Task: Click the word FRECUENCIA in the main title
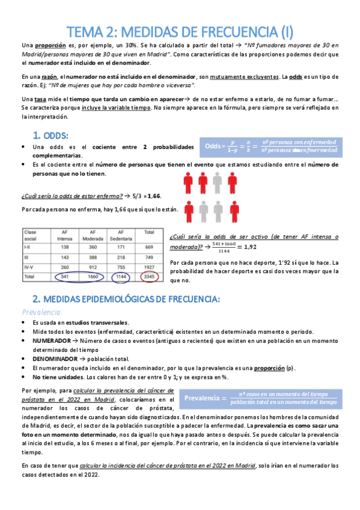pyautogui.click(x=215, y=30)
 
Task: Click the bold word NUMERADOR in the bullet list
pyautogui.click(x=52, y=340)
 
